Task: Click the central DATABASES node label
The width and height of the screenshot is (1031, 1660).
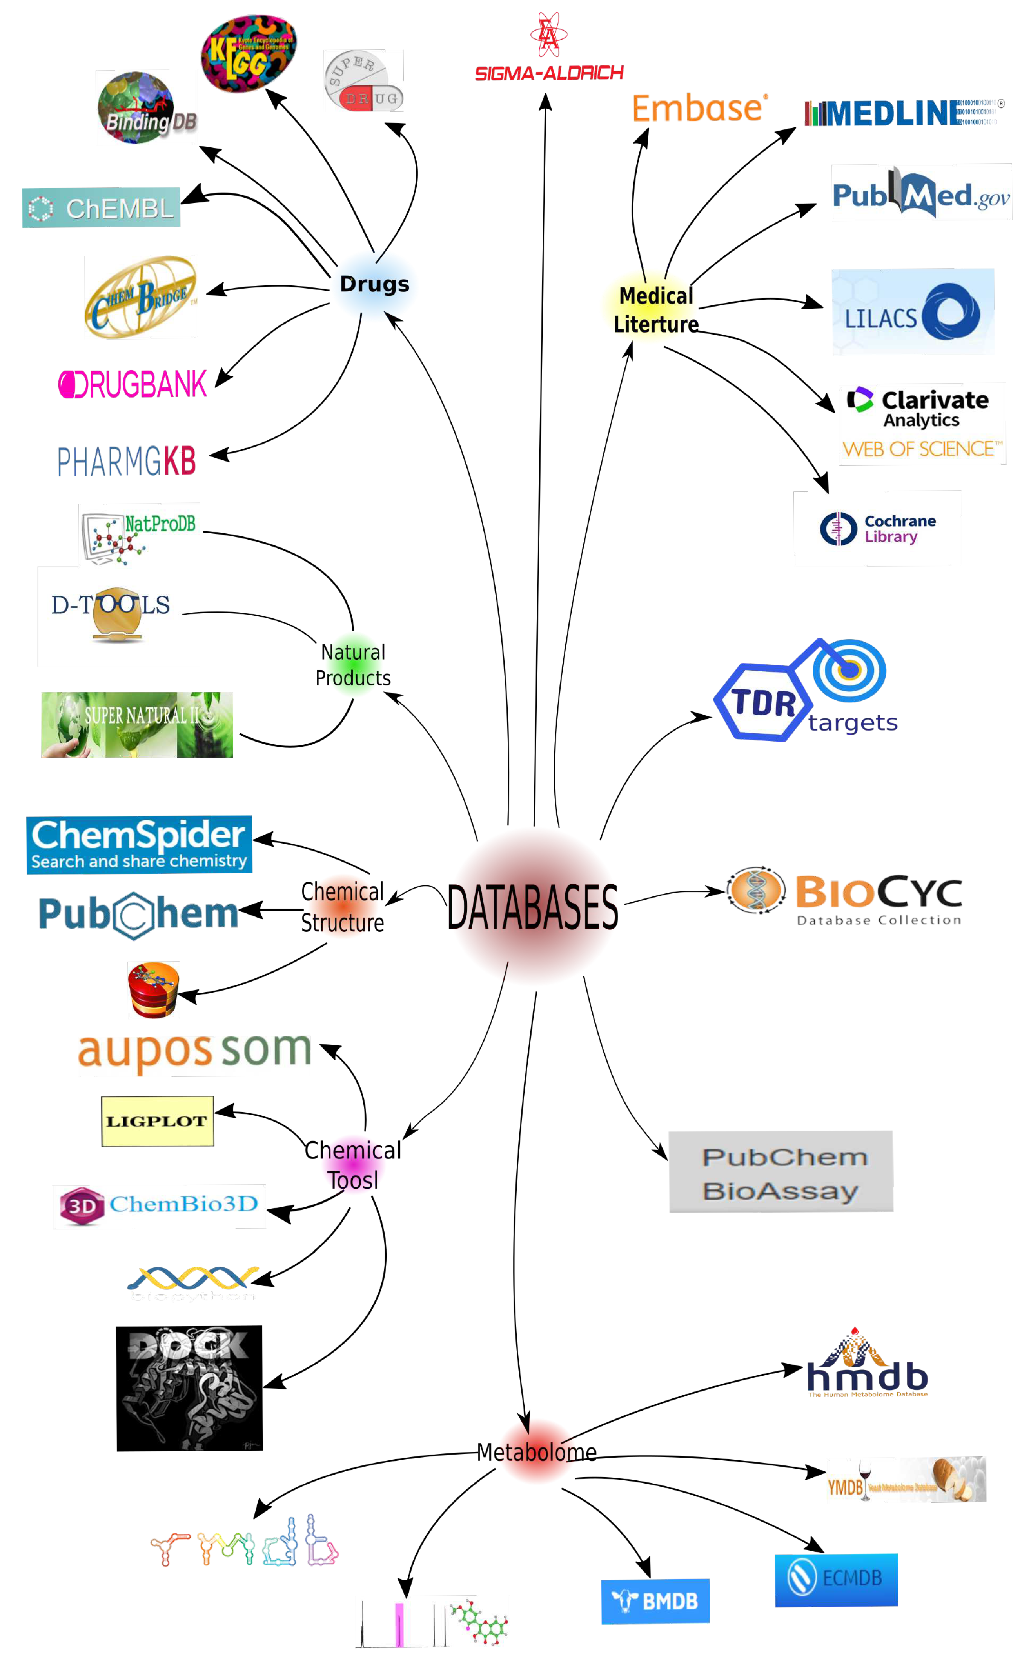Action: point(532,907)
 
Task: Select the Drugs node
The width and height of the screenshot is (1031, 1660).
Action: point(374,284)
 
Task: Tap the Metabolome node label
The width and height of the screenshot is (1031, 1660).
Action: point(537,1453)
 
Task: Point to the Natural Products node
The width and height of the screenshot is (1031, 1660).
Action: point(353,665)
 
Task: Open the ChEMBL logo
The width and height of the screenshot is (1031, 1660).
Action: point(101,207)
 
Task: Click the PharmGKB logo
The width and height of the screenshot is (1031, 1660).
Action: point(127,461)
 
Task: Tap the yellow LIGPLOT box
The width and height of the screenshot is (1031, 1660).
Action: point(158,1121)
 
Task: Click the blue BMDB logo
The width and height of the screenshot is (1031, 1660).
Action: point(655,1601)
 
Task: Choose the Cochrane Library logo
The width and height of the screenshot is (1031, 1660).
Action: point(878,529)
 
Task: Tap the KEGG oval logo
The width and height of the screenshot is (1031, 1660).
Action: point(249,54)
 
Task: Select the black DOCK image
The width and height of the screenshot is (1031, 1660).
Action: point(190,1388)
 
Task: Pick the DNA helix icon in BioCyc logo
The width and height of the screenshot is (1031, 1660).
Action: point(755,890)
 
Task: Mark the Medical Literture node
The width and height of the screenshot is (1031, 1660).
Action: point(655,310)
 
